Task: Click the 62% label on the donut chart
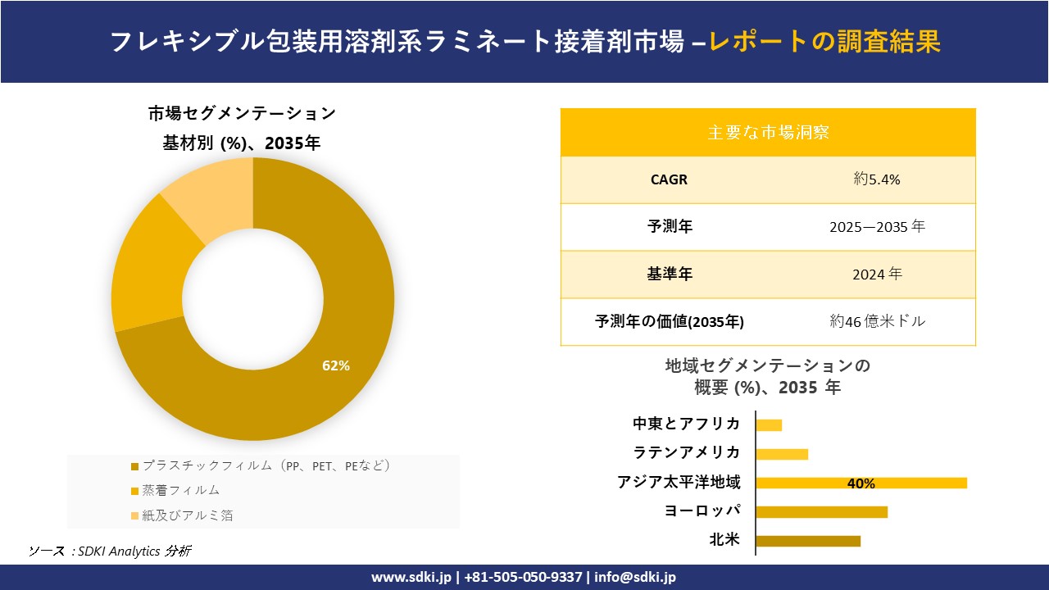[x=336, y=366]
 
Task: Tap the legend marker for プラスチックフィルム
[x=135, y=466]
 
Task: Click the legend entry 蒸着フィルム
[x=181, y=490]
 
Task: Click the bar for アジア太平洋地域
[x=861, y=483]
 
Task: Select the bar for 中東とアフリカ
[x=769, y=424]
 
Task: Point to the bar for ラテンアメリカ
[x=782, y=454]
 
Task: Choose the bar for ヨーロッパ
[x=821, y=512]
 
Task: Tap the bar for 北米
[x=808, y=541]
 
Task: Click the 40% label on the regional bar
[x=861, y=483]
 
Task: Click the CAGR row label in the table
[x=669, y=179]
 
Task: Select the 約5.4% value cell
[x=877, y=179]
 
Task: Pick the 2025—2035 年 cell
[x=877, y=227]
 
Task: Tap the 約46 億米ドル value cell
[x=877, y=321]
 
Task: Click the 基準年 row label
[x=670, y=275]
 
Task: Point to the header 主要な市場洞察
[x=768, y=132]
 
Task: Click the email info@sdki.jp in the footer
[x=635, y=577]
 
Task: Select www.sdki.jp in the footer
[x=411, y=577]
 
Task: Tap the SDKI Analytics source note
[x=110, y=551]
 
